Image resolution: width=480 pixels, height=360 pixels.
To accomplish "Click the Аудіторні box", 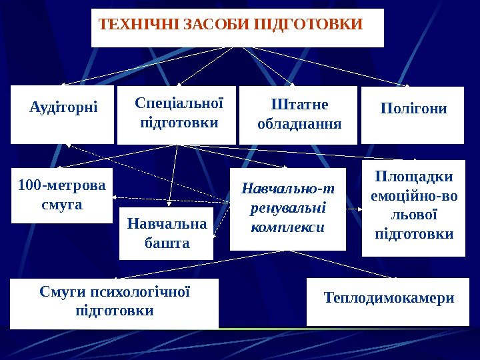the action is tap(63, 114).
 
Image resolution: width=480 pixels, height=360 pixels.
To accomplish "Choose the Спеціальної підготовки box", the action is tap(177, 115).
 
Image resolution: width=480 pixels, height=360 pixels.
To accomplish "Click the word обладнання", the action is tap(299, 124).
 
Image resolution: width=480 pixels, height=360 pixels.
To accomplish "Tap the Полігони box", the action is tap(413, 115).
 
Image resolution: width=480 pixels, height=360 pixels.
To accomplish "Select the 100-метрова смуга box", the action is tap(63, 195).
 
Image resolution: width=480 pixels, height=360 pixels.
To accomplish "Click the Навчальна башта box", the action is tap(167, 233).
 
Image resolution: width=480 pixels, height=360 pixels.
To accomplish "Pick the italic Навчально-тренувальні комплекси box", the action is tap(288, 209).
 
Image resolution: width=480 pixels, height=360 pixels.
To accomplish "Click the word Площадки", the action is tap(413, 177).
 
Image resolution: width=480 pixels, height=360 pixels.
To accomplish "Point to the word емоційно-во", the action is tap(413, 197).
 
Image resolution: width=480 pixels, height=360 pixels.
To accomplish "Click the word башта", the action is tap(167, 243).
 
